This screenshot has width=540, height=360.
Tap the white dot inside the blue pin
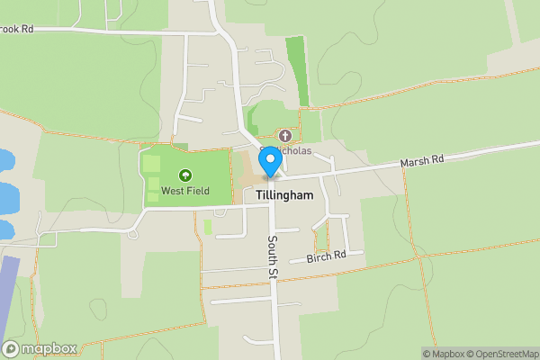pos(269,157)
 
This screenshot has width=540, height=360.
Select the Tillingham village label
pos(283,195)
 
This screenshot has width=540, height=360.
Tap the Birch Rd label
pos(326,256)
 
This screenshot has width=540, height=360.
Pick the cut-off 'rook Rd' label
pos(16,29)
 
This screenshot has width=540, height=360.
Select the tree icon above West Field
pos(184,175)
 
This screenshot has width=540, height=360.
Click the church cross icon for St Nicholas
pos(285,135)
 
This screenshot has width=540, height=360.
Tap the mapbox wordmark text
pos(49,349)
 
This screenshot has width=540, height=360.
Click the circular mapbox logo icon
pos(11,349)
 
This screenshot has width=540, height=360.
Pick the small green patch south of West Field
pos(208,227)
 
